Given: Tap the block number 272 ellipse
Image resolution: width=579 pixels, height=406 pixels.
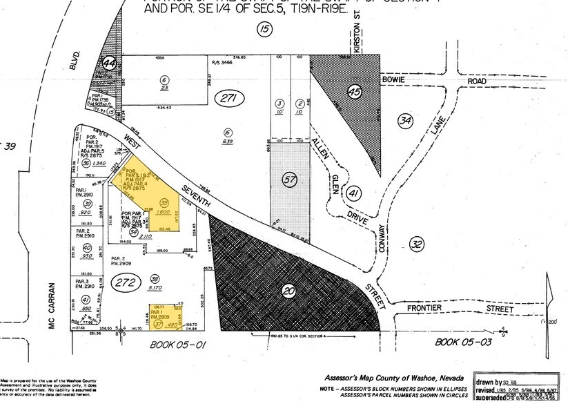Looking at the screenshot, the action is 124,282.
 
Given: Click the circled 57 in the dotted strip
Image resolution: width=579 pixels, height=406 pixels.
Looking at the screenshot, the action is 289,180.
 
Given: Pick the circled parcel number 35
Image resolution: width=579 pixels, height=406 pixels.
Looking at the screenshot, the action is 164,202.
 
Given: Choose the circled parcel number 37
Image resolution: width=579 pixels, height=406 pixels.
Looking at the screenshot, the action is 159,324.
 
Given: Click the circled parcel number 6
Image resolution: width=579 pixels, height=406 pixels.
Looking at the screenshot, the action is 164,78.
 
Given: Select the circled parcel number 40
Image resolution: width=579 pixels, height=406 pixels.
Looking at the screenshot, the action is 87,248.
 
